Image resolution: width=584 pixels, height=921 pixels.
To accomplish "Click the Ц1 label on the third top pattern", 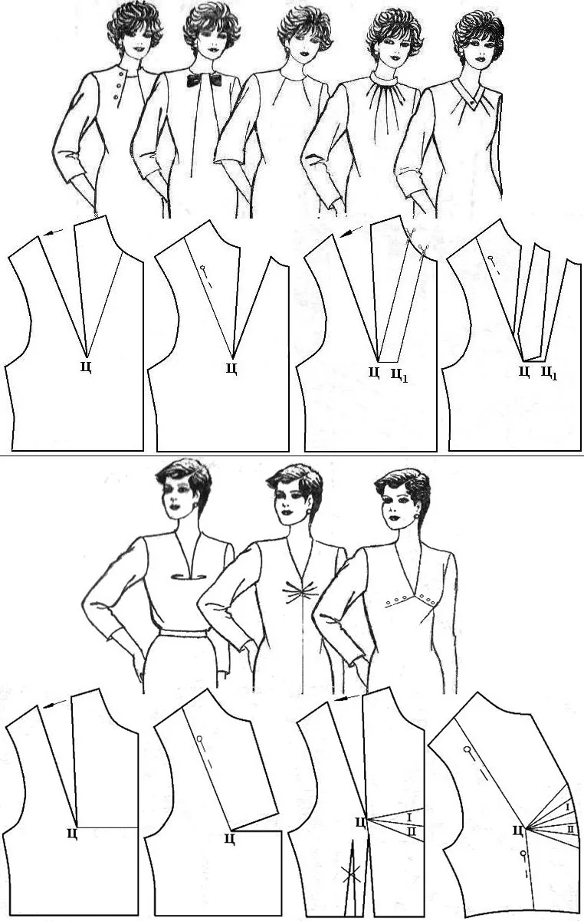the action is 399,374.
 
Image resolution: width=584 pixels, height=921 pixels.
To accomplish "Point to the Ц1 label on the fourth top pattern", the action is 549,373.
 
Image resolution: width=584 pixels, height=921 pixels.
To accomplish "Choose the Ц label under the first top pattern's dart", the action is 86,367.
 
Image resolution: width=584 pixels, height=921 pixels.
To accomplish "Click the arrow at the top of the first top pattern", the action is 54,232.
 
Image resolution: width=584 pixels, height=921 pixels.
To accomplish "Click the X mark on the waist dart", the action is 350,877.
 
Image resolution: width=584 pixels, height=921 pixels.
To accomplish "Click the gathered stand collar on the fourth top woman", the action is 385,77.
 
